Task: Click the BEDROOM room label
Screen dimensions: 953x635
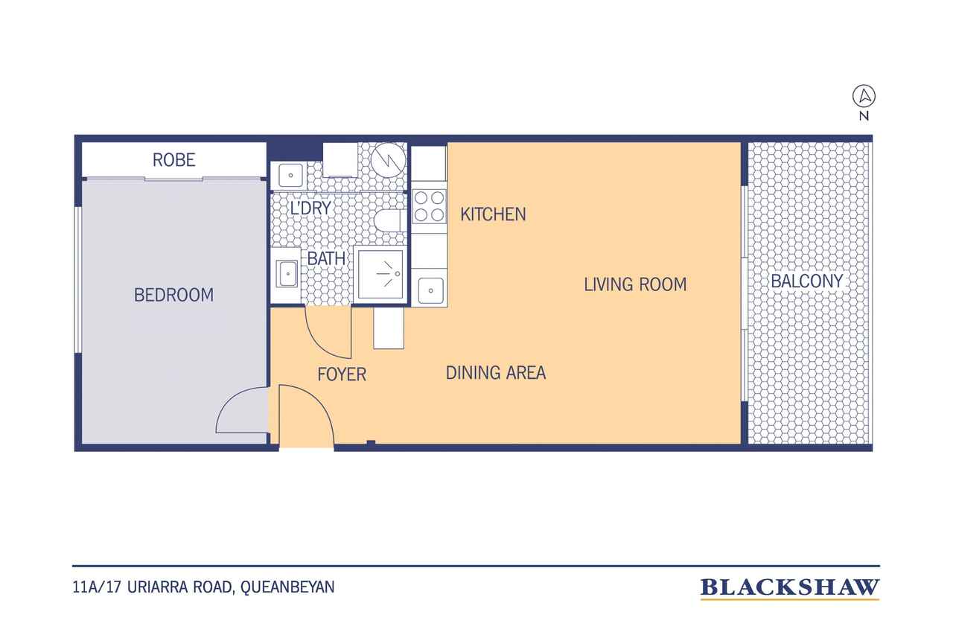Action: point(173,295)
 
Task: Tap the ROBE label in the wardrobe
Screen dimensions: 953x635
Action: point(174,160)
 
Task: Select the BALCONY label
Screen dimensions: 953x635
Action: point(806,281)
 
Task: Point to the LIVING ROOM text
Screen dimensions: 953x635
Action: point(635,284)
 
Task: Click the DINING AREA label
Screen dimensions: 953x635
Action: point(496,373)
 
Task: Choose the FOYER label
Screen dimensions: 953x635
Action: point(342,374)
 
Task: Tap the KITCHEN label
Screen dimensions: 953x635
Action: point(493,214)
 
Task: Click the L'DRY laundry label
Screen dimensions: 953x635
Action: point(310,208)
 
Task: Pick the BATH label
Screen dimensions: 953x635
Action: point(326,258)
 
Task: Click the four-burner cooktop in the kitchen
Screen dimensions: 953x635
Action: point(429,206)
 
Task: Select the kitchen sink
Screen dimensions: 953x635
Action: point(430,291)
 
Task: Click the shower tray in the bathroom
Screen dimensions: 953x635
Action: point(380,275)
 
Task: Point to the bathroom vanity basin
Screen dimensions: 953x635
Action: point(287,274)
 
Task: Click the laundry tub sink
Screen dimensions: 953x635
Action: point(290,175)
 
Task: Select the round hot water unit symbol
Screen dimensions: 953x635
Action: point(388,159)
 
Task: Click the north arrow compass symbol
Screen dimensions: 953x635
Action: point(864,96)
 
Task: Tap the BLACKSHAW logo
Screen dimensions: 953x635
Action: point(790,588)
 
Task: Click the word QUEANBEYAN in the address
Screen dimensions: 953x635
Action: point(287,587)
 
